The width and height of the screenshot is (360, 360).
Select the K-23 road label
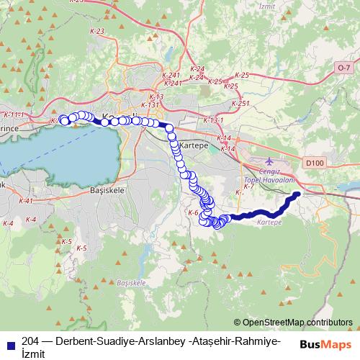tap(99, 31)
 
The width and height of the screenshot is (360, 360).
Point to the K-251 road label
tap(241, 103)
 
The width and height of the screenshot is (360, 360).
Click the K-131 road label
tap(150, 104)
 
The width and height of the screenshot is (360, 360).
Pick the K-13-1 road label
tap(214, 120)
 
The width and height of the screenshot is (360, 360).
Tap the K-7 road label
tap(249, 186)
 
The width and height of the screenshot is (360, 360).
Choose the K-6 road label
tap(192, 213)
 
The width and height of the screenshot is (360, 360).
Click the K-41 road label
tap(26, 201)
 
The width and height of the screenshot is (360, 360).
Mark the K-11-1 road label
tap(14, 114)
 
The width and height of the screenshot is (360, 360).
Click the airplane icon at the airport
tap(269, 160)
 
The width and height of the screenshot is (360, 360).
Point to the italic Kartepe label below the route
tap(267, 222)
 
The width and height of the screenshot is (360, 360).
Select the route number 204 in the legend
tap(30, 341)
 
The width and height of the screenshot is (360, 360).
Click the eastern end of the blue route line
tap(297, 194)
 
